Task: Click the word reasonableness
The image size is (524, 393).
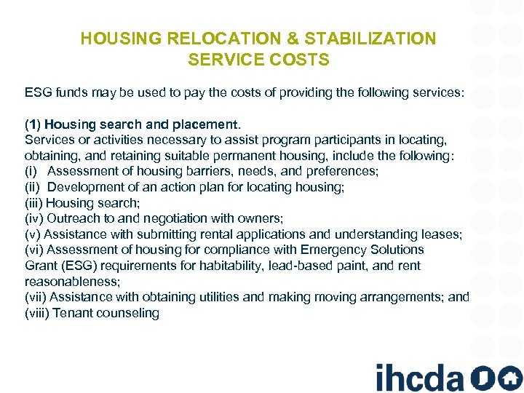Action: coord(71,282)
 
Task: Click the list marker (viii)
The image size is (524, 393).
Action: coord(37,313)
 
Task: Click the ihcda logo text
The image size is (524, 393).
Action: coord(419,378)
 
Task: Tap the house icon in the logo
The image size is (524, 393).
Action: coord(510,378)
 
